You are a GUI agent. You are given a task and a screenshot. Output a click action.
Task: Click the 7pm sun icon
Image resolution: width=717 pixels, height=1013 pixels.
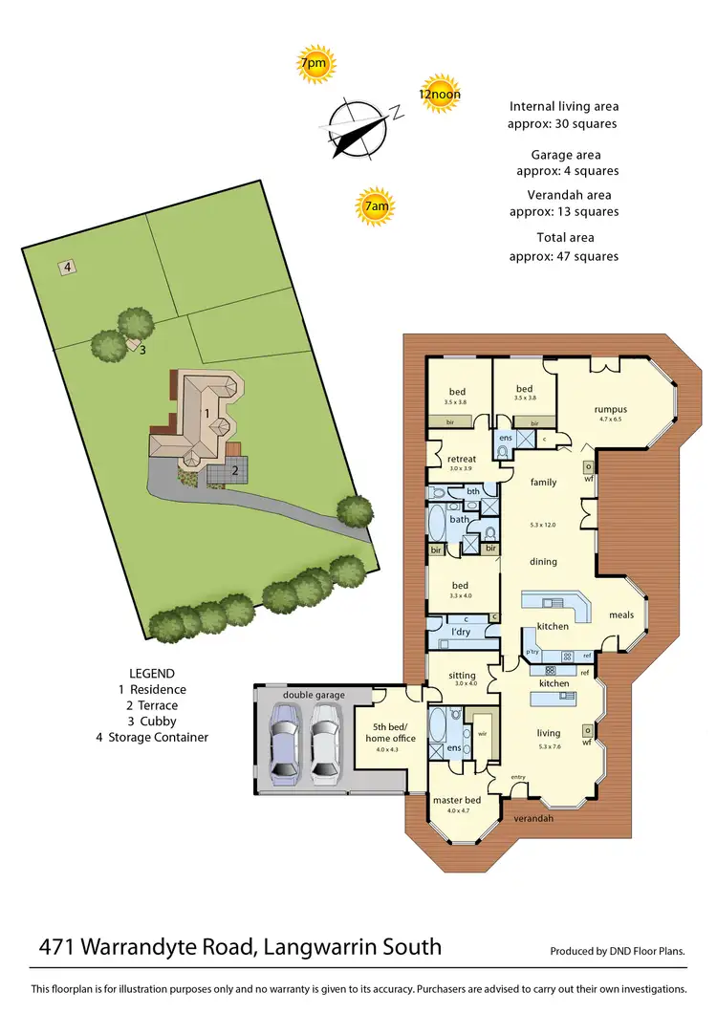313,64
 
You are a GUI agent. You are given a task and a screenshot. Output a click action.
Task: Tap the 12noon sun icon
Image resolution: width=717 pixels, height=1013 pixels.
440,94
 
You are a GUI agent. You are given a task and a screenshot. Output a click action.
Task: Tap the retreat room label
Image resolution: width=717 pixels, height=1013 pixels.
462,460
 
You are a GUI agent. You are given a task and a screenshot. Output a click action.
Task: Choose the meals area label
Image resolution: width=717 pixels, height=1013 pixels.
621,615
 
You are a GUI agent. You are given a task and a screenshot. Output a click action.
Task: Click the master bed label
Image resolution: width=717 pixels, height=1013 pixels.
457,800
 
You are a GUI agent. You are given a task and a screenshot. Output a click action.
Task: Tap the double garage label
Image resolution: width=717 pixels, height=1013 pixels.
314,695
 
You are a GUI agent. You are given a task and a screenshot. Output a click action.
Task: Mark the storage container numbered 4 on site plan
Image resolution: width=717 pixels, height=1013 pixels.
68,268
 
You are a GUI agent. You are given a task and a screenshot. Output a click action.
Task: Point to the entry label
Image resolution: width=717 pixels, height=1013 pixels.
519,777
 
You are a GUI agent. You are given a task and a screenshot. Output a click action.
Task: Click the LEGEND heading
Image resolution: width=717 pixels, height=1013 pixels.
152,673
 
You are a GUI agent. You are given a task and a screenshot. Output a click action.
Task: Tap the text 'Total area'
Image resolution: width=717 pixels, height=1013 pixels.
565,237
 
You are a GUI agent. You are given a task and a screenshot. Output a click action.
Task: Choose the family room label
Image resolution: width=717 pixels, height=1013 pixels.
543,483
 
